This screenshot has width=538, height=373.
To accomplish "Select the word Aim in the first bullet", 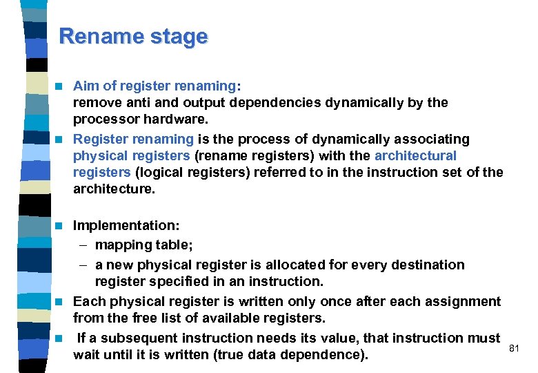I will [86, 86].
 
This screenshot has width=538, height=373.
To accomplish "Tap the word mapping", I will [122, 245].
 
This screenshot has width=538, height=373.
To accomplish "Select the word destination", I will [429, 265].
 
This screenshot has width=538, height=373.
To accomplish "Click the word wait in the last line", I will [86, 356].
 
